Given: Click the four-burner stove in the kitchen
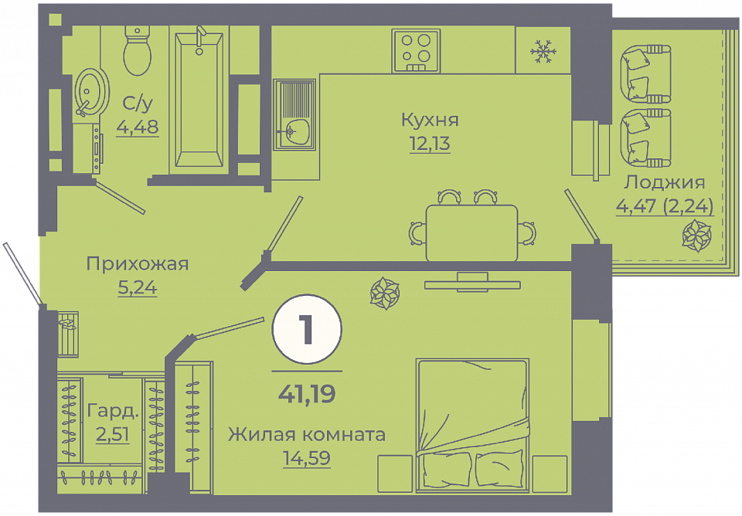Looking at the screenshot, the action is click(x=416, y=51).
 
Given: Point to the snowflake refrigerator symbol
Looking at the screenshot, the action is click(x=543, y=51).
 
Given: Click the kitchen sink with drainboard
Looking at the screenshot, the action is click(x=294, y=115).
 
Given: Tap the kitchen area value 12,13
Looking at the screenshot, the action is click(x=430, y=143).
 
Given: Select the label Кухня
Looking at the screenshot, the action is click(x=430, y=121).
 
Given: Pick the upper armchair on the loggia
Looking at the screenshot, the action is click(x=645, y=74).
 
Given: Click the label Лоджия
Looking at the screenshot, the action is click(x=665, y=182).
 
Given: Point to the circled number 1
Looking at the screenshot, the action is click(x=307, y=329).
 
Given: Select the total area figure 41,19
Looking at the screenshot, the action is click(x=307, y=393).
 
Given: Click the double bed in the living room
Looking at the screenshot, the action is click(x=472, y=423).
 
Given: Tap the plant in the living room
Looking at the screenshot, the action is click(x=385, y=294).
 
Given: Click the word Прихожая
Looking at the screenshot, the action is click(x=138, y=263).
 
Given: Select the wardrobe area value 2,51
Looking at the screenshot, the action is click(x=113, y=433).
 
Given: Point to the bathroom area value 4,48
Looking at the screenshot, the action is click(x=138, y=127).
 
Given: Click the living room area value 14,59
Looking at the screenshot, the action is click(x=307, y=458).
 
